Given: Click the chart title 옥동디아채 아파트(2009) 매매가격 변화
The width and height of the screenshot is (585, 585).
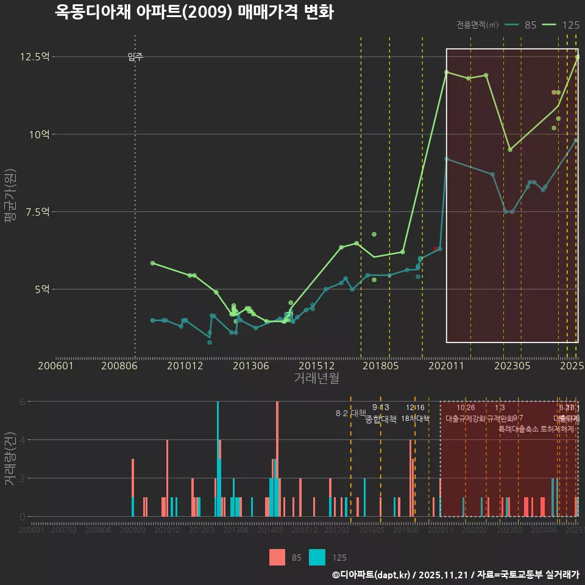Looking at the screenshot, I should pos(194,12).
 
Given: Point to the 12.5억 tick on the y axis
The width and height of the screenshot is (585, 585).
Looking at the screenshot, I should pos(35,57).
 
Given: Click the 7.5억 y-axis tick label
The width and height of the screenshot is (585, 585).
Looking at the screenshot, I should pos(37,211).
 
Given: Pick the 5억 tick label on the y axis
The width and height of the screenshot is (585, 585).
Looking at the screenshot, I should pos(41,289).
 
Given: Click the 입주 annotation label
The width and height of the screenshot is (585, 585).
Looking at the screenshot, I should pos(135,57).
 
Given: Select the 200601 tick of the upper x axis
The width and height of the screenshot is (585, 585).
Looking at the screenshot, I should pos(56,366).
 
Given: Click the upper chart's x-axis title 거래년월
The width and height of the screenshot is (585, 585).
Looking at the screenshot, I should pos(316,378).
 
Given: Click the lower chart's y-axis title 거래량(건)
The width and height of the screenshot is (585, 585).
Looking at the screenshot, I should pos(10,458).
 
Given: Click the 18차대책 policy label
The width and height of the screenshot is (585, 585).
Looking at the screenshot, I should pos(415,419).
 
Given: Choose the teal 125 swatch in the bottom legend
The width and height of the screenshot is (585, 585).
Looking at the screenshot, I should pos(317,558).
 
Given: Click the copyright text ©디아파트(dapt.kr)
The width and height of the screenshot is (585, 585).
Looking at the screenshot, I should pos(371,575).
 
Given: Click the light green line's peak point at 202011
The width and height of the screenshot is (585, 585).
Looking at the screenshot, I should pos(446,72).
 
